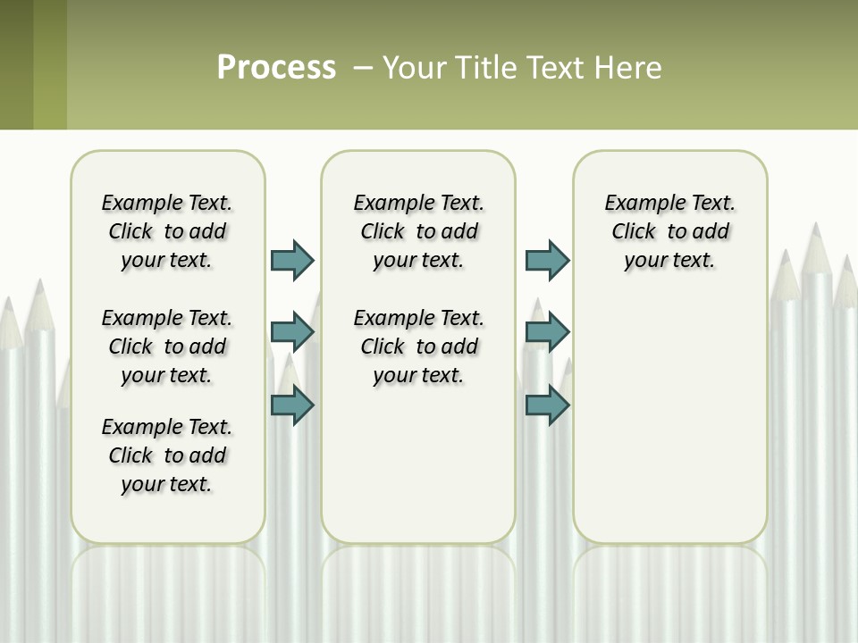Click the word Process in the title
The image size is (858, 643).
276,67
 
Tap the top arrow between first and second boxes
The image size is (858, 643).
292,260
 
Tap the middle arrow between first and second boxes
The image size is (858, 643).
292,332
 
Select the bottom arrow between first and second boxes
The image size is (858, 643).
292,405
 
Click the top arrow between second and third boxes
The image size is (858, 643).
547,260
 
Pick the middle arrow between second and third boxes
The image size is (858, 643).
547,332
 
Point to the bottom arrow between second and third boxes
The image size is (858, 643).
547,405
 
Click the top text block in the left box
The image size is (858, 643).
167,231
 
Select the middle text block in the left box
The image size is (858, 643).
167,347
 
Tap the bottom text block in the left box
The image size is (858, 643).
167,455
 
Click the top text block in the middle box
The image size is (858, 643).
418,231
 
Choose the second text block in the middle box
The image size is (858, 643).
418,347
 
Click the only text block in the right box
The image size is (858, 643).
669,231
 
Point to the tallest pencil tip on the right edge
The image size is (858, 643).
816,234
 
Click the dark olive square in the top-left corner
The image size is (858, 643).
16,64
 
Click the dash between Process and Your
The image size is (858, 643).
363,68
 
